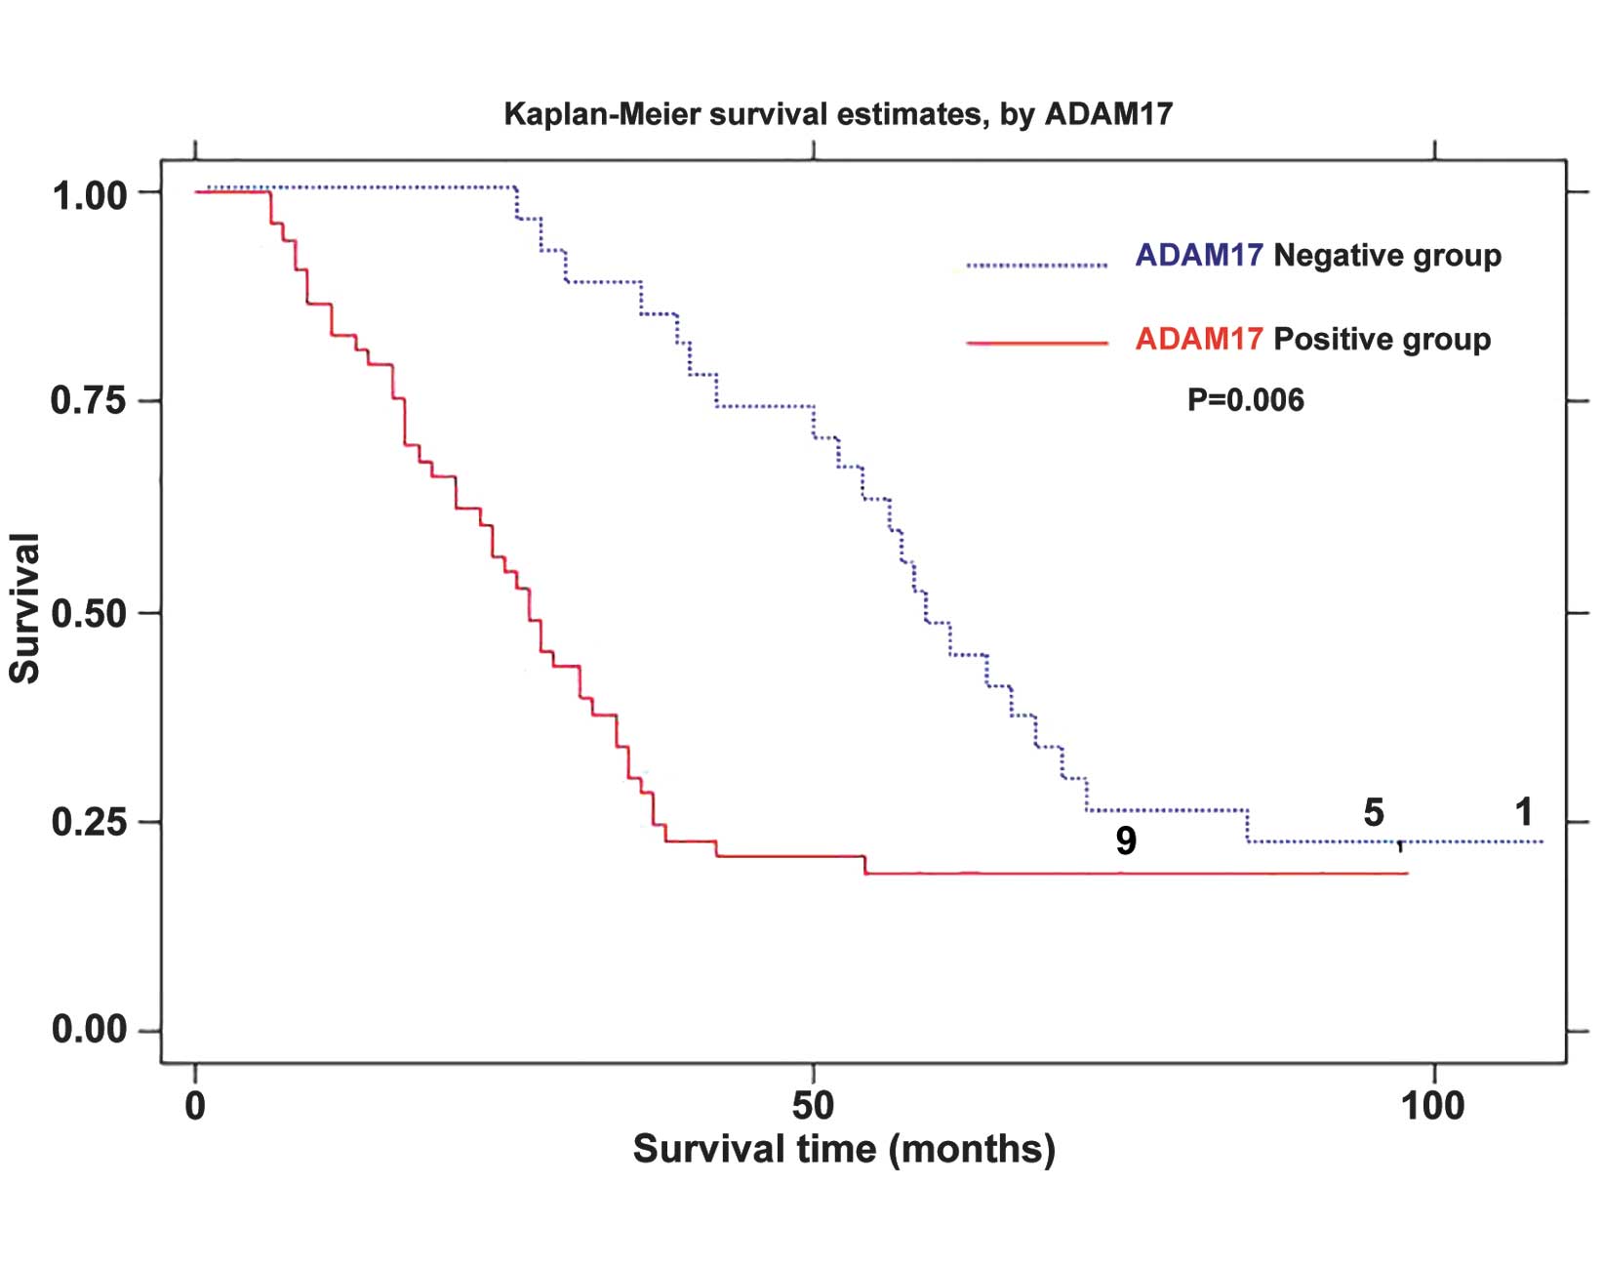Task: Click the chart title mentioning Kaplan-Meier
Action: [837, 114]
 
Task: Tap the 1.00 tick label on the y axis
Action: [90, 196]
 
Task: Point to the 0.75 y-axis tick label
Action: [89, 400]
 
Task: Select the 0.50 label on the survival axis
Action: [89, 614]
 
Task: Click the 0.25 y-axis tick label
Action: [89, 822]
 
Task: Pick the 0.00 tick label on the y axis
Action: [89, 1029]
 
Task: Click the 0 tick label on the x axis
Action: [195, 1106]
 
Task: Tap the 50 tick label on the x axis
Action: [813, 1106]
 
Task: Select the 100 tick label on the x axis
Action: [1432, 1106]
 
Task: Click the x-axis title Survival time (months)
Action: [844, 1149]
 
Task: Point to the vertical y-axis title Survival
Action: [24, 608]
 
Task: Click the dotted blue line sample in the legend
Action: [1037, 265]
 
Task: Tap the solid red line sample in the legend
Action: [1037, 344]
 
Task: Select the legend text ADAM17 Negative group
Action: [1318, 256]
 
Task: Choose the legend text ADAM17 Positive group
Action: [1312, 340]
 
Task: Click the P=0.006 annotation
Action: [1245, 400]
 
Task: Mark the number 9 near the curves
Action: [1126, 840]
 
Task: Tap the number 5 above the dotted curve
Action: [1373, 812]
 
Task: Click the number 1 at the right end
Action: [1523, 812]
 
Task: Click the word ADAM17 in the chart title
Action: [1108, 114]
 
